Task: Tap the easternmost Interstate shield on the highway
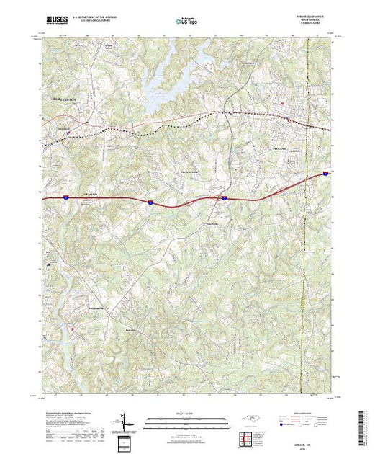pyautogui.click(x=325, y=174)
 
